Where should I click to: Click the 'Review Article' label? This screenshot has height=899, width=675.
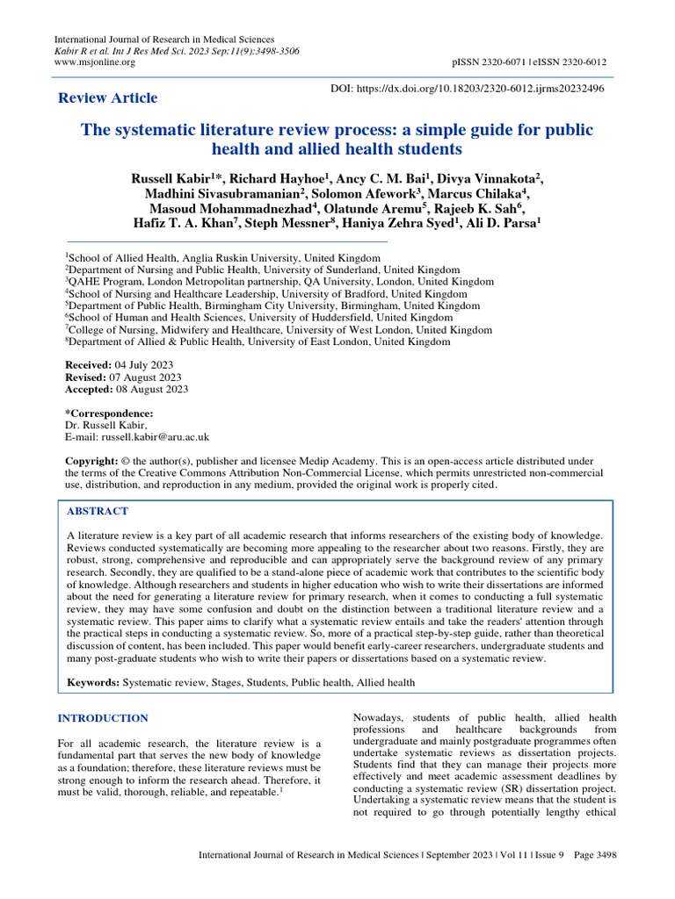pyautogui.click(x=107, y=98)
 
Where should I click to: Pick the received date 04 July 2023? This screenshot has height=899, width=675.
pyautogui.click(x=144, y=364)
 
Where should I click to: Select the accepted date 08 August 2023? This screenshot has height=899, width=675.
pyautogui.click(x=151, y=389)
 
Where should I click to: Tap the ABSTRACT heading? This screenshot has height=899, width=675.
pyautogui.click(x=98, y=511)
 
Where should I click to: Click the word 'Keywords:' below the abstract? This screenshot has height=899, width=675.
pyautogui.click(x=93, y=681)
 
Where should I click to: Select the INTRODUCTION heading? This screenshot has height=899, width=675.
pyautogui.click(x=103, y=718)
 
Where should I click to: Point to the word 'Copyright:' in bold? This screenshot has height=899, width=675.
pyautogui.click(x=92, y=461)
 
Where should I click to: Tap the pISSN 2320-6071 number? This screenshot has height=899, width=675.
pyautogui.click(x=490, y=62)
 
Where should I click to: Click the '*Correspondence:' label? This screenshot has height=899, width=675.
pyautogui.click(x=109, y=414)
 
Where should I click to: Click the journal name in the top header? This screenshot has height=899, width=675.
pyautogui.click(x=164, y=40)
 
